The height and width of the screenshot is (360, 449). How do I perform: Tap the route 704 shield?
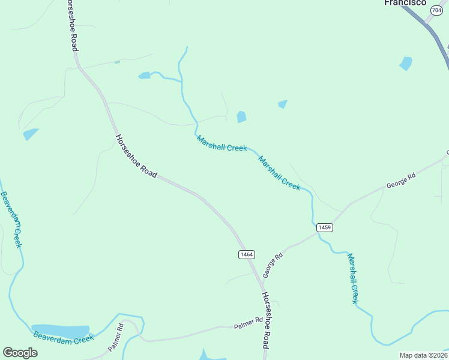pyautogui.click(x=437, y=11)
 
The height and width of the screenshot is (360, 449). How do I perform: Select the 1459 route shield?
pyautogui.click(x=325, y=227)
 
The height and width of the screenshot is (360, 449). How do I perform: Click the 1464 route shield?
pyautogui.click(x=247, y=254)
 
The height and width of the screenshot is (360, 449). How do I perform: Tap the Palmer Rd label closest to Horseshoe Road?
pyautogui.click(x=249, y=323)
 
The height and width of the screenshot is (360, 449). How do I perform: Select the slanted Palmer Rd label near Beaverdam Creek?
pyautogui.click(x=116, y=337)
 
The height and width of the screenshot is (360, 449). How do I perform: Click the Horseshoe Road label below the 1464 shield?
pyautogui.click(x=265, y=320)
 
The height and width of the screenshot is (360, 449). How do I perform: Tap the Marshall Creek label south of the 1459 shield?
pyautogui.click(x=354, y=278)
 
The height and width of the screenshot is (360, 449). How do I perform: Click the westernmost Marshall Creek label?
pyautogui.click(x=221, y=143)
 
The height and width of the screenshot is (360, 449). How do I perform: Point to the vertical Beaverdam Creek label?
pyautogui.click(x=11, y=220)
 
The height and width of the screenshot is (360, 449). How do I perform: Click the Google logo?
pyautogui.click(x=20, y=353)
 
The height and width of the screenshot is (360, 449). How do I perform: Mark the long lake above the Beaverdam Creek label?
pyautogui.click(x=61, y=331)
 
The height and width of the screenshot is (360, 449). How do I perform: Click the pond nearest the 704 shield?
pyautogui.click(x=406, y=63)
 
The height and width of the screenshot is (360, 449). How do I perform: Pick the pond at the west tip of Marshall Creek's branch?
pyautogui.click(x=144, y=76)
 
